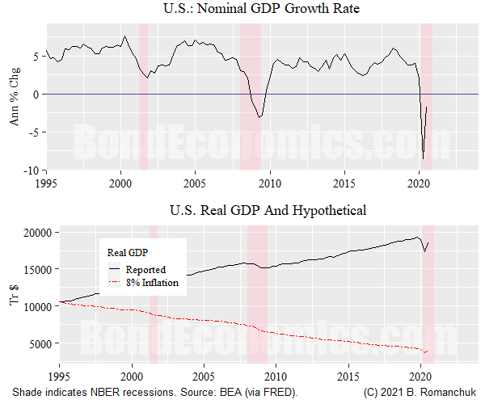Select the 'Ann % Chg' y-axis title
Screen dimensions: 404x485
pos(14,95)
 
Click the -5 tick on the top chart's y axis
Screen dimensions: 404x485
pos(34,133)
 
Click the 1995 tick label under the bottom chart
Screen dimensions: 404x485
pos(59,377)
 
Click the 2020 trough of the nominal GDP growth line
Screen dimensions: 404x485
pos(424,158)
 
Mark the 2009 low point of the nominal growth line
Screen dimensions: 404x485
pos(259,118)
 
